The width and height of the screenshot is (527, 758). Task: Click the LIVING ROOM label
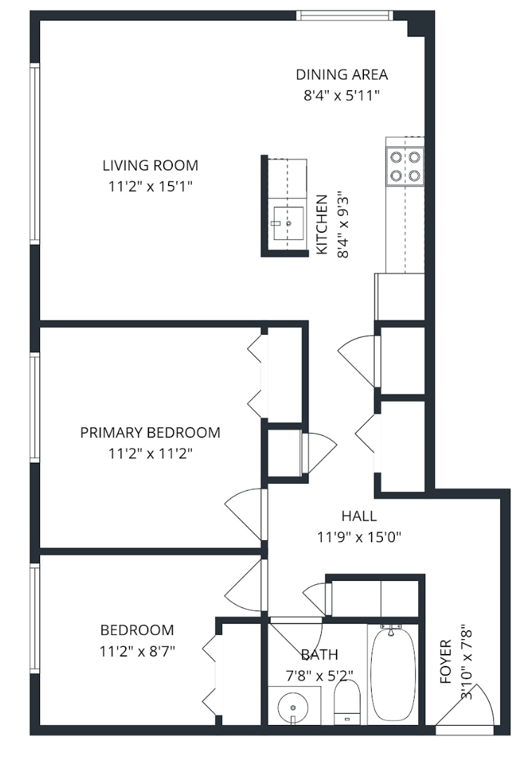[x=150, y=165]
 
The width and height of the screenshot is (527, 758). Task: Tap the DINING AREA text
[x=341, y=75]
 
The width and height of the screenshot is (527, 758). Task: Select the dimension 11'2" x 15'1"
[x=150, y=186]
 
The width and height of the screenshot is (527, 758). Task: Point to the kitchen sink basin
[x=288, y=224]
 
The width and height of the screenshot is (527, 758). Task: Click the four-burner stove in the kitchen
[x=405, y=166]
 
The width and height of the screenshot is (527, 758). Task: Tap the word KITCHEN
[x=323, y=225]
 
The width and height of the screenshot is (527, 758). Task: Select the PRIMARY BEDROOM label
[x=150, y=432]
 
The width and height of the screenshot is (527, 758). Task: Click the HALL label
[x=359, y=516]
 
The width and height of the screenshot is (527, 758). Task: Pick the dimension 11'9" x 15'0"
[x=359, y=537]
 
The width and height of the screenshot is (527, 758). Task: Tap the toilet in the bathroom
[x=347, y=702]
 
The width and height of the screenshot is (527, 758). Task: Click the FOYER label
[x=445, y=661]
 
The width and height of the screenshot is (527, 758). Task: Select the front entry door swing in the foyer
[x=464, y=705]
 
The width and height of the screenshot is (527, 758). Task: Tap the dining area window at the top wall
[x=344, y=15]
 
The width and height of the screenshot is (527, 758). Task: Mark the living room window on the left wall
[x=34, y=154]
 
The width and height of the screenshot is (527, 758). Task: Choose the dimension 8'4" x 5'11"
[x=341, y=96]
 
